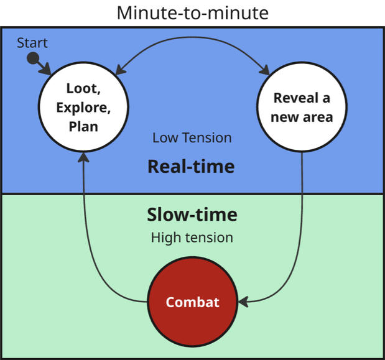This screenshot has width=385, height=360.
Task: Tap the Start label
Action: (x=32, y=43)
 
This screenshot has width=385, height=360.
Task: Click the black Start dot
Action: (x=33, y=60)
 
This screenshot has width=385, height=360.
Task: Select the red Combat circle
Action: (x=192, y=302)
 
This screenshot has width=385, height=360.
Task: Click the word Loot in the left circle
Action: (x=83, y=88)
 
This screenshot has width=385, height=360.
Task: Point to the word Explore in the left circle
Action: (x=83, y=107)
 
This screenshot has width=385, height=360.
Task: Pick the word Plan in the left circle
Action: (x=83, y=126)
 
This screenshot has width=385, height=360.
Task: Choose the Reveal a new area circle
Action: (x=302, y=108)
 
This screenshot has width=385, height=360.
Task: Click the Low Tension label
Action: (x=192, y=137)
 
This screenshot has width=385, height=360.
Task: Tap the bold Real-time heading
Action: (x=191, y=166)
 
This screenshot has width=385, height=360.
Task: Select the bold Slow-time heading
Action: (x=192, y=215)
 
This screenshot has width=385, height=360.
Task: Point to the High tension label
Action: (x=192, y=237)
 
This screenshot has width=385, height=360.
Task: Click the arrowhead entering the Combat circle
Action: (x=244, y=302)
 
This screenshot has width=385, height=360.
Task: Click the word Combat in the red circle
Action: (x=192, y=303)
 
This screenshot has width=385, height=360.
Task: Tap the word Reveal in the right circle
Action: (x=302, y=98)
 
